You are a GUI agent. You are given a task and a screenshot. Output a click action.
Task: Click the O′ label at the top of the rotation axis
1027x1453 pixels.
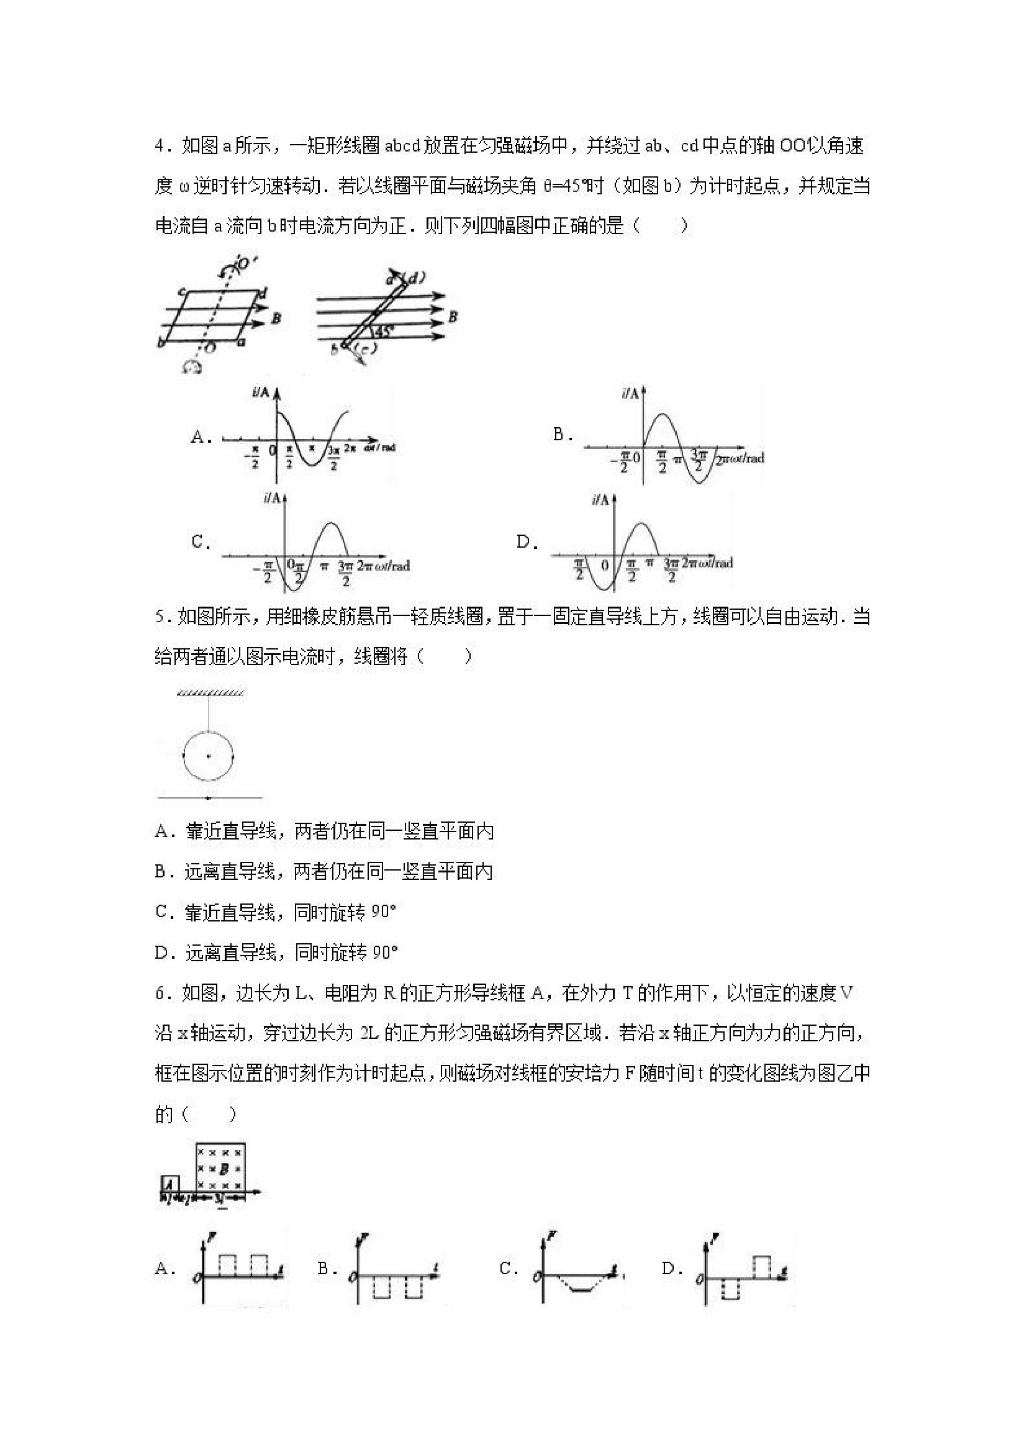(245, 264)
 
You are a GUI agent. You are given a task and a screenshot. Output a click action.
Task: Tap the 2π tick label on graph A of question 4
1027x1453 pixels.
(350, 448)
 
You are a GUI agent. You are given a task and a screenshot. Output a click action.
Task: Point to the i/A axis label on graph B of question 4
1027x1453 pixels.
(630, 394)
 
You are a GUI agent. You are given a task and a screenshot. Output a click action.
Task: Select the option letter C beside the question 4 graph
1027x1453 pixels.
(200, 541)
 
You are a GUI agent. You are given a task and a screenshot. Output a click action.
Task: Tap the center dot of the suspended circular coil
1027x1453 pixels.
(208, 756)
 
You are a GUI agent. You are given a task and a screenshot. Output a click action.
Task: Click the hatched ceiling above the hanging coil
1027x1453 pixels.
(210, 694)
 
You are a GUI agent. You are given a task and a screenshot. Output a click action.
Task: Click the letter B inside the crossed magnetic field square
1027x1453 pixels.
(224, 1169)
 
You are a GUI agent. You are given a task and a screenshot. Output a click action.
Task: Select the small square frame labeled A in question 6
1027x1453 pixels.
(169, 1184)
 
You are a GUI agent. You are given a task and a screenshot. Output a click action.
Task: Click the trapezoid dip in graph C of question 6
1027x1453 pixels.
(581, 1286)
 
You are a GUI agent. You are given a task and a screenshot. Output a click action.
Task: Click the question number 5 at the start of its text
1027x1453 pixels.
(160, 617)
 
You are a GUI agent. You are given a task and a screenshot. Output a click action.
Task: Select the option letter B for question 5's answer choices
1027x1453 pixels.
(161, 872)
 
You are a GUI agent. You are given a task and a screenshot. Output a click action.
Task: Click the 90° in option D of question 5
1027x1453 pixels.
(384, 953)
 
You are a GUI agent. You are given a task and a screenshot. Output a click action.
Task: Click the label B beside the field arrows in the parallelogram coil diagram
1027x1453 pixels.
(276, 319)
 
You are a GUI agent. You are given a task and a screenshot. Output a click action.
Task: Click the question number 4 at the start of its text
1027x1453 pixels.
(160, 146)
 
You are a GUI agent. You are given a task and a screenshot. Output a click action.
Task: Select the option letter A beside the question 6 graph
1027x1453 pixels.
(162, 1268)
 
